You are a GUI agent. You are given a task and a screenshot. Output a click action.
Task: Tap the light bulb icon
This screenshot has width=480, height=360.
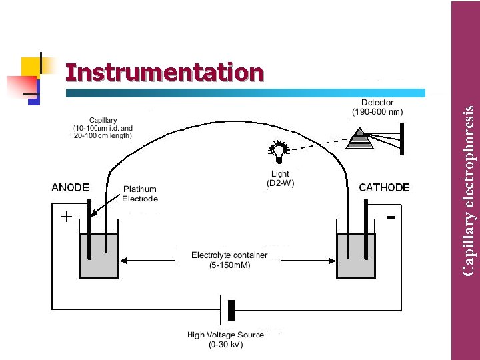coord(277,151)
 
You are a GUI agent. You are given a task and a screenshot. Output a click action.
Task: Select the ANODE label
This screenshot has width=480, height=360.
coord(71,187)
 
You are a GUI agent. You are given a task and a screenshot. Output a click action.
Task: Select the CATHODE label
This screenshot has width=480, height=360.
coord(385,187)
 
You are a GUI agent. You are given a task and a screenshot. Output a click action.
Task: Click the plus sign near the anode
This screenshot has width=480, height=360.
coord(67,217)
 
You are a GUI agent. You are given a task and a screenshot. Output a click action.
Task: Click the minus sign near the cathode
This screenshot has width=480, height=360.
coord(391,217)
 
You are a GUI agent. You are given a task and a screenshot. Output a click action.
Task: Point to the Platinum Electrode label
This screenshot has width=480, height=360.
coord(140,194)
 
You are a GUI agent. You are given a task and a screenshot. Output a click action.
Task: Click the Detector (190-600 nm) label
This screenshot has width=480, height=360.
coord(377,107)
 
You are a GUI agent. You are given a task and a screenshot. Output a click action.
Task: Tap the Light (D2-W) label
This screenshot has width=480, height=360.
coord(280,178)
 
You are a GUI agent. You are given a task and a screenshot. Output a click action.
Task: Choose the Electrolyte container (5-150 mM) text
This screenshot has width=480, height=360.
coord(229,259)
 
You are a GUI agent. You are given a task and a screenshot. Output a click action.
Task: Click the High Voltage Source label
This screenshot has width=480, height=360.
coord(226,340)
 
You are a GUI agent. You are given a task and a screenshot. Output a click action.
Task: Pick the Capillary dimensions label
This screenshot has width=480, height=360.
coord(103,127)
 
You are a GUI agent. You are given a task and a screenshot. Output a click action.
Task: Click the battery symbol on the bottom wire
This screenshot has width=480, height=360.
coord(227,310)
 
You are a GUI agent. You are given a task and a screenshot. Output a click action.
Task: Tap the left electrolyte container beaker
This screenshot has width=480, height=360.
coord(99,256)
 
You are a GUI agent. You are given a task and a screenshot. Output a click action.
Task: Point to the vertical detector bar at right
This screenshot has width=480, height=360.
coord(401,139)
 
